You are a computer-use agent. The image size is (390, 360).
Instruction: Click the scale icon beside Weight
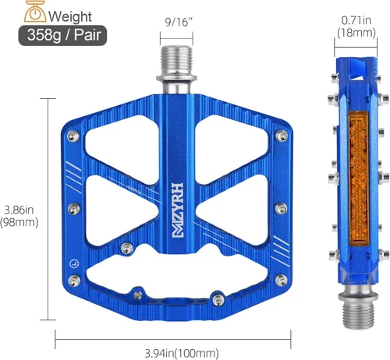click(35, 12)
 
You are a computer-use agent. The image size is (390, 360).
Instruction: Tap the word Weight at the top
click(70, 16)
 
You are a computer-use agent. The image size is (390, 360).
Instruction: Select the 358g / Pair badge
click(62, 35)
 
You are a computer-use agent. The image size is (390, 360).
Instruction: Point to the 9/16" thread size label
click(176, 23)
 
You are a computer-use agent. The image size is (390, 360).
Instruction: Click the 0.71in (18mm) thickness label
click(356, 26)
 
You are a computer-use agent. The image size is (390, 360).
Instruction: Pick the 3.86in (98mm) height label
click(19, 216)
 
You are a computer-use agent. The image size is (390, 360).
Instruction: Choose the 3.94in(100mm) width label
click(182, 353)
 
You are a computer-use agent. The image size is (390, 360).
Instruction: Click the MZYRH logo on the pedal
click(178, 210)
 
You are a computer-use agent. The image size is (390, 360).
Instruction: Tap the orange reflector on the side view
click(359, 178)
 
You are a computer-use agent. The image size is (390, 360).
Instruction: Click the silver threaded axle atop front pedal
click(176, 69)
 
